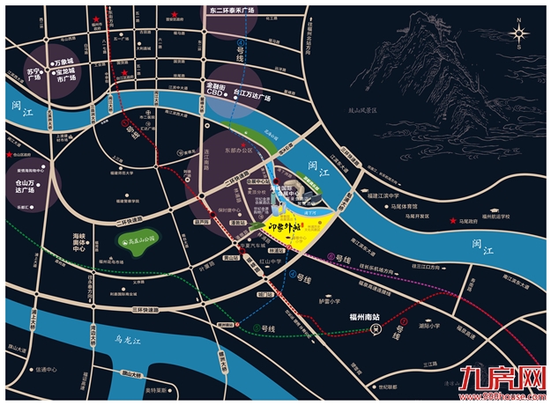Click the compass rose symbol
coord(520,34)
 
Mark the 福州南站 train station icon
coord(376,330)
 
